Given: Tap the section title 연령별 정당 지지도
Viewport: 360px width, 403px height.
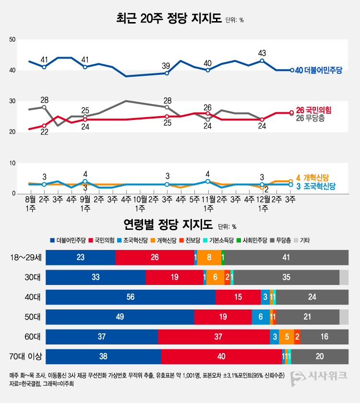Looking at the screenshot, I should click(168, 225).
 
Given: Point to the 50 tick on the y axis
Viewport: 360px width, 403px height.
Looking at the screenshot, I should click(12, 40).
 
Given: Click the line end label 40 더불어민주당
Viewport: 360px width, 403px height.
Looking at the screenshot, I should click(318, 71).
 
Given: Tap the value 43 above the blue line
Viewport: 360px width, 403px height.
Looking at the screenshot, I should click(262, 53).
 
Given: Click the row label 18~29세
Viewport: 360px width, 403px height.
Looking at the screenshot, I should click(26, 258).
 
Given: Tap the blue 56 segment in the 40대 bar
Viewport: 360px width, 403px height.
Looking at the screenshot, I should click(131, 297).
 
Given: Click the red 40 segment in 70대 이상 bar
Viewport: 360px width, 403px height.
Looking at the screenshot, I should click(221, 357).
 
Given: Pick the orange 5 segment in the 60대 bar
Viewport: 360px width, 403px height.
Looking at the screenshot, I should click(287, 337).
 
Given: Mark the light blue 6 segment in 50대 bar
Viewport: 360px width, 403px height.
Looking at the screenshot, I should click(261, 317).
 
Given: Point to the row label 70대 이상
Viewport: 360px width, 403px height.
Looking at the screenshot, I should click(26, 357).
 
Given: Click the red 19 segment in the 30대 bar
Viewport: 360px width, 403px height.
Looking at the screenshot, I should click(174, 277).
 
